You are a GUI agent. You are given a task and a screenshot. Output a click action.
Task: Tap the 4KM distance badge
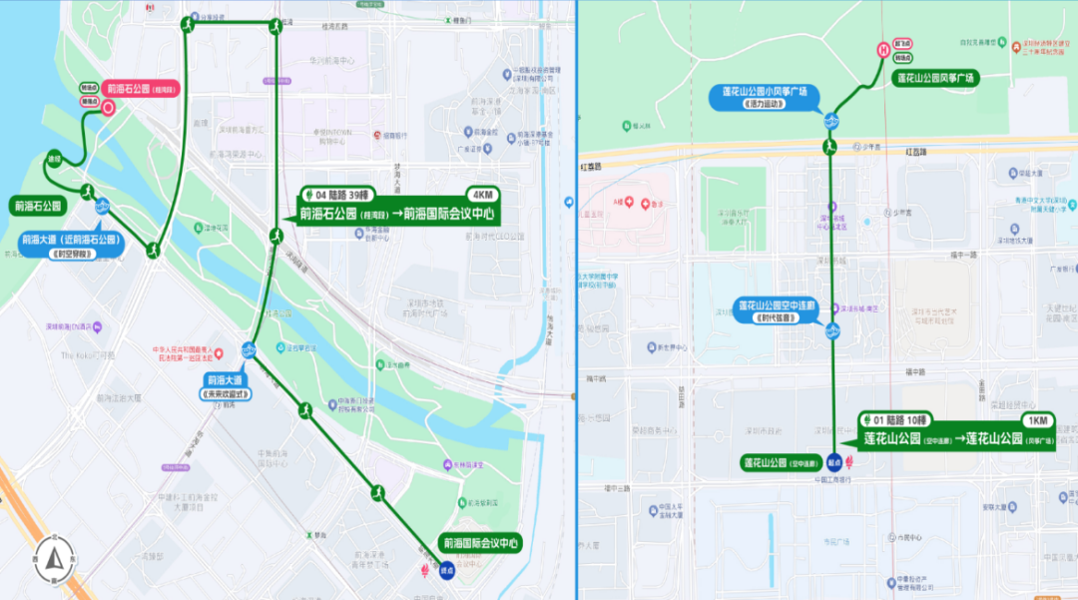click(x=481, y=195)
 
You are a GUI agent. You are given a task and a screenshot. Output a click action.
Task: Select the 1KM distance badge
click(x=1037, y=420)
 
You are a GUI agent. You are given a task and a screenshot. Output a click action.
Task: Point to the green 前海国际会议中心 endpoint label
click(x=482, y=543)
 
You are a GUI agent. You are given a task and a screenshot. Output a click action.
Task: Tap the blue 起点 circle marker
click(x=833, y=462)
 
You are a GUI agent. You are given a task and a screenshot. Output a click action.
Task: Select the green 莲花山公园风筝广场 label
click(x=935, y=77)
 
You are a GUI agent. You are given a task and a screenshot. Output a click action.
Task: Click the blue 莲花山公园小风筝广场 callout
click(x=771, y=92)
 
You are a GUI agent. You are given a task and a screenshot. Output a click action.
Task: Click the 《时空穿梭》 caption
click(x=70, y=254)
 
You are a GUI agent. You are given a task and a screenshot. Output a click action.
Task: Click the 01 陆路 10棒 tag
click(x=901, y=420)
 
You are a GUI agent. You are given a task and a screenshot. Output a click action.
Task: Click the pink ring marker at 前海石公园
click(x=107, y=109)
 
